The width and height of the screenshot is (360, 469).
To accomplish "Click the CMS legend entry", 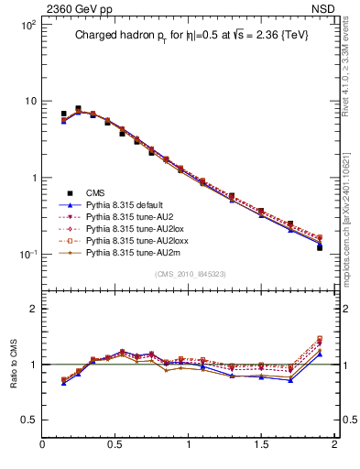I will [x=95, y=192].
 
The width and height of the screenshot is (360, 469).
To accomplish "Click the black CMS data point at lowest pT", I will [x=63, y=115].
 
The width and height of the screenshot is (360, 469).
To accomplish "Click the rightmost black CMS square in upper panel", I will [x=320, y=247].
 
